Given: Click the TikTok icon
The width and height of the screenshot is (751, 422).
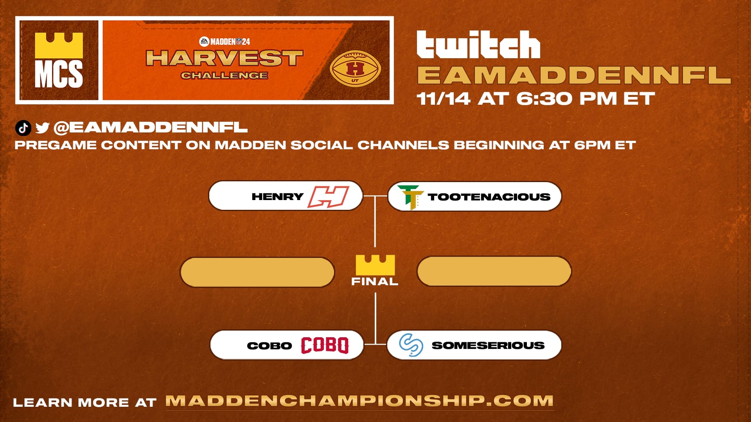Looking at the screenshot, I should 23,128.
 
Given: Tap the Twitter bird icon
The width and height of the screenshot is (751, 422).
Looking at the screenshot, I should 42,128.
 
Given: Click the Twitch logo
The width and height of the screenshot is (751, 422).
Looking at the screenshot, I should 478,45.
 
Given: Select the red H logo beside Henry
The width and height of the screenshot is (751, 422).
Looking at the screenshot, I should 328,197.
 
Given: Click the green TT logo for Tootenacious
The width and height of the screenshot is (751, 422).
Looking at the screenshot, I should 410,197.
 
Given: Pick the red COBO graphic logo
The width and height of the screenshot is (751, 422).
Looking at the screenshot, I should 324,345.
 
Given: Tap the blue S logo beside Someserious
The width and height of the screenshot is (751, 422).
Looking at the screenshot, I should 411,345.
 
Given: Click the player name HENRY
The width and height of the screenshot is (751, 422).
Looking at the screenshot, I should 277,197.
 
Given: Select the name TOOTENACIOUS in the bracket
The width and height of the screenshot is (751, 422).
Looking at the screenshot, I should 489,197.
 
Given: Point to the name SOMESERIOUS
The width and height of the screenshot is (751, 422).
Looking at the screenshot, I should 488,345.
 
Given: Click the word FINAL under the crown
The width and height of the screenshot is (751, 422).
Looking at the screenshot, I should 375,281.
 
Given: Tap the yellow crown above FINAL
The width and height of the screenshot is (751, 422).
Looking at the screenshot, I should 375,265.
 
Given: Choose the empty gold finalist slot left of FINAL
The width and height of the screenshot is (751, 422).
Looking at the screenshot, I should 257,272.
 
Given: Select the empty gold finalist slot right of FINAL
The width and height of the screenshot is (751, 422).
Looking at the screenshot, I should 494,271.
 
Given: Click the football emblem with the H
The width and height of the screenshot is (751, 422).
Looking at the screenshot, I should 355,69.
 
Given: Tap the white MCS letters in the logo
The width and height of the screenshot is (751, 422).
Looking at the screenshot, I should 59,74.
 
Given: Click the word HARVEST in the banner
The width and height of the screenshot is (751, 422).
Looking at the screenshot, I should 225,58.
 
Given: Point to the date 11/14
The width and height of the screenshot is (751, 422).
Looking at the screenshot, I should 443,98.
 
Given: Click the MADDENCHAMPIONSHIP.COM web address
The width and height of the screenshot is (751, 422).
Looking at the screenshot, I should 359,401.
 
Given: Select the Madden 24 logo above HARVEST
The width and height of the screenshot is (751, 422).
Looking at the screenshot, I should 225,41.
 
